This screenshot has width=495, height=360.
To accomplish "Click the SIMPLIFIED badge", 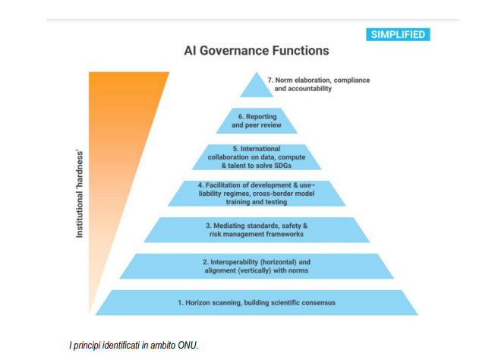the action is click(x=398, y=34).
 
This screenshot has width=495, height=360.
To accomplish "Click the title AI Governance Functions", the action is click(x=257, y=51).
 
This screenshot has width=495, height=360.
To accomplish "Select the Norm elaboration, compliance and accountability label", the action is click(x=319, y=84).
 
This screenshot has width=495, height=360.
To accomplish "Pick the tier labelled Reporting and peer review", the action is click(x=257, y=121).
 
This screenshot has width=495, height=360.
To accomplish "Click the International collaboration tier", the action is click(x=257, y=157).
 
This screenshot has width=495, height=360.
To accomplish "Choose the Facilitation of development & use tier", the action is click(x=257, y=193).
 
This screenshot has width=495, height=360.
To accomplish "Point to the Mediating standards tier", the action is click(x=257, y=229).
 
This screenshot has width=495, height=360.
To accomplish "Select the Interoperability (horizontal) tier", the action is click(x=257, y=266).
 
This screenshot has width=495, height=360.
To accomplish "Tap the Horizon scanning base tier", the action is click(x=257, y=302).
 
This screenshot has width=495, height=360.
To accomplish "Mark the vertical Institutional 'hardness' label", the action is click(x=79, y=194).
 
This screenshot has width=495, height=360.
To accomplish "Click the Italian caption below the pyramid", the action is click(x=134, y=345).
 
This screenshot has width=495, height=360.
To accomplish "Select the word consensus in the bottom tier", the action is click(x=318, y=302).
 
